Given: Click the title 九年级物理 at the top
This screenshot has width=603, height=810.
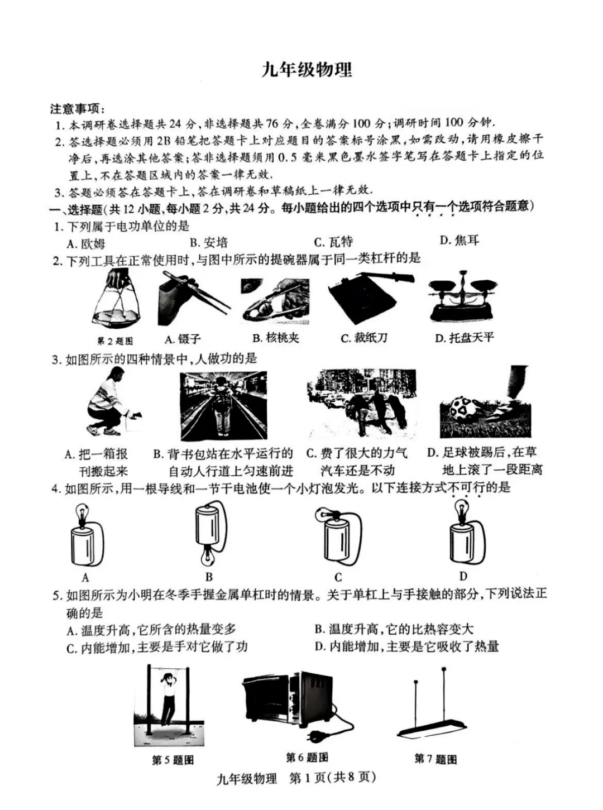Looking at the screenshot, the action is [x=306, y=70].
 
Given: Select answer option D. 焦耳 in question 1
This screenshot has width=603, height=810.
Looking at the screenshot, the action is [x=459, y=240].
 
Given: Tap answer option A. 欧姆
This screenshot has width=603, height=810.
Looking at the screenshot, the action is [x=86, y=243].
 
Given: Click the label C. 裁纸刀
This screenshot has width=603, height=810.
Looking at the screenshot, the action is [x=363, y=338].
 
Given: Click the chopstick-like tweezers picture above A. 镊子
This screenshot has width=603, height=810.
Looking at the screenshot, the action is [x=194, y=298].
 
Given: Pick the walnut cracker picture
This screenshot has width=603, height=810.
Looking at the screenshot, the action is [x=275, y=300].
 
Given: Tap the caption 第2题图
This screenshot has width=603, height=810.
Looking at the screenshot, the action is [x=115, y=341].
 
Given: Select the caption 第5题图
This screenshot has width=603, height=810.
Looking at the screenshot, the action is [x=173, y=760].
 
